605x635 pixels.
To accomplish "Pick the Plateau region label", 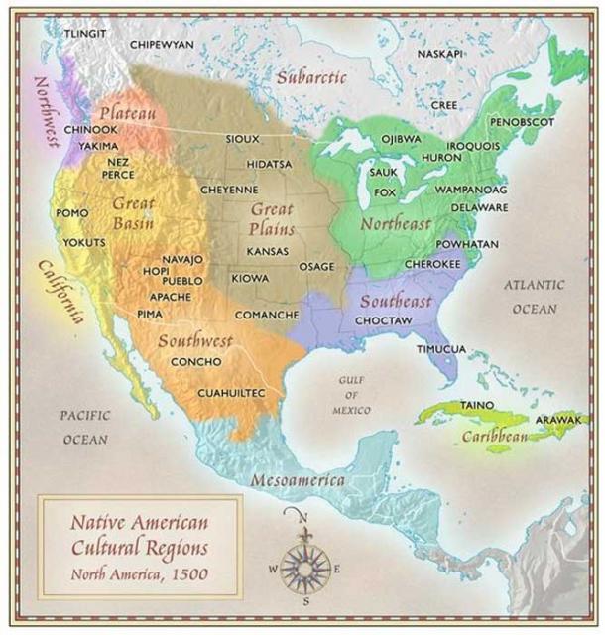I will pyautogui.click(x=127, y=113).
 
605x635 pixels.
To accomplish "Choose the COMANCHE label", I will pyautogui.click(x=266, y=315).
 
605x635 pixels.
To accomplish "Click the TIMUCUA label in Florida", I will pyautogui.click(x=440, y=349).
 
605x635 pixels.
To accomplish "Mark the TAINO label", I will pyautogui.click(x=477, y=405).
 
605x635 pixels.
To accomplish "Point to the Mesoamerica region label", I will pyautogui.click(x=298, y=480).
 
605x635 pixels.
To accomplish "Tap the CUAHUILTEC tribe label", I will pyautogui.click(x=232, y=393).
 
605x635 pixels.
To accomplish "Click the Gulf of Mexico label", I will pyautogui.click(x=353, y=395).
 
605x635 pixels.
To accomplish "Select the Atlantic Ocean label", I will pyautogui.click(x=535, y=296).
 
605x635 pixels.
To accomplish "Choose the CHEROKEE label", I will pyautogui.click(x=432, y=265).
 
